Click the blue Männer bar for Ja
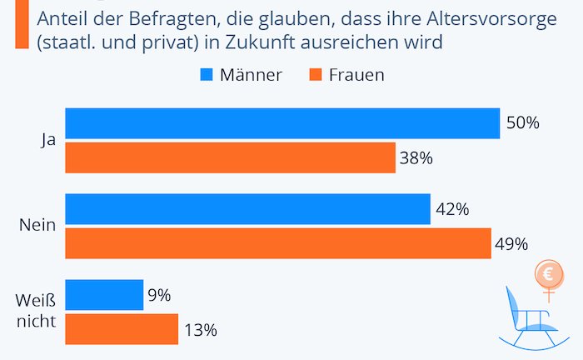coord(282,123)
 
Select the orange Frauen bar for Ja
coord(230,157)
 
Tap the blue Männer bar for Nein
coord(247,209)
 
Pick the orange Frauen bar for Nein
coord(278,243)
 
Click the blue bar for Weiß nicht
coord(104,295)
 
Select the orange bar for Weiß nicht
coord(122,329)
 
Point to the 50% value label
coord(523,123)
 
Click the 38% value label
coord(417,157)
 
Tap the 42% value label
coord(452,209)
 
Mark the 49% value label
coord(511,244)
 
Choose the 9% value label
coord(160,295)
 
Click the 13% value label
coord(201,330)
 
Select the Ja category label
coord(47,141)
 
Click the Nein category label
coord(37,226)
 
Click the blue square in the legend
coord(207,75)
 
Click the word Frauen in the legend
coord(356,75)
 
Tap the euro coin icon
coord(549,273)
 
